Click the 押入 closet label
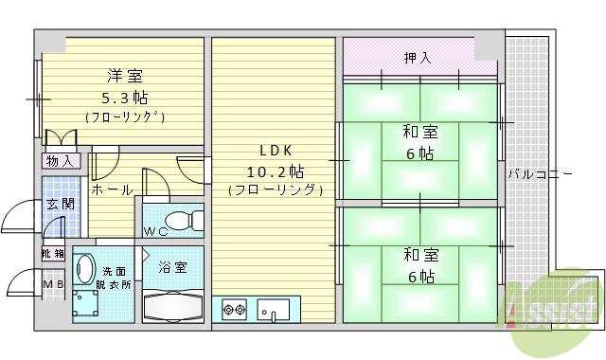[418, 58]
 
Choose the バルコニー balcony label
[540, 174]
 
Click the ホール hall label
[111, 189]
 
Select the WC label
[157, 230]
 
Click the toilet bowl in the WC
[192, 220]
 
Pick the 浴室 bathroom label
[172, 268]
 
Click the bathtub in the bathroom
[173, 306]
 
